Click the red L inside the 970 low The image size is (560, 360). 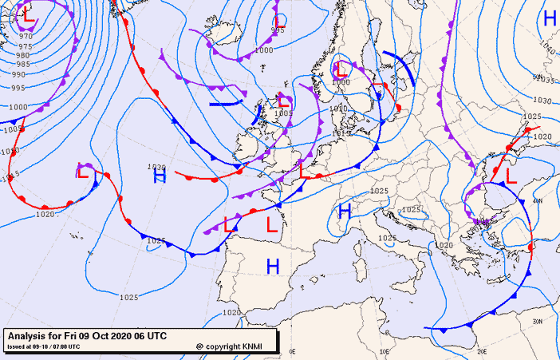click(28, 14)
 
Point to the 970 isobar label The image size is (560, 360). click(26, 36)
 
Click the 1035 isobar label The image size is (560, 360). click(545, 80)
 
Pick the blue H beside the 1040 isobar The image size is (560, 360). click(550, 18)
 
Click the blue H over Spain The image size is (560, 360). click(273, 267)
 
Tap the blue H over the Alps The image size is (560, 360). click(345, 212)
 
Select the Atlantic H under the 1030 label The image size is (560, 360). click(160, 177)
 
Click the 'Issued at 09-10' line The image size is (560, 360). click(43, 346)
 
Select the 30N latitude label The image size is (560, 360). click(537, 321)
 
